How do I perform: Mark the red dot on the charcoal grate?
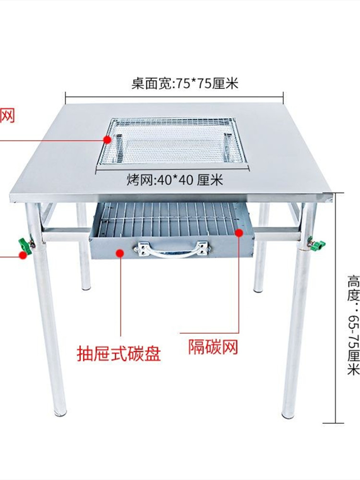click(x=239, y=232)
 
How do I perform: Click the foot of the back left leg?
click(x=85, y=287)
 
